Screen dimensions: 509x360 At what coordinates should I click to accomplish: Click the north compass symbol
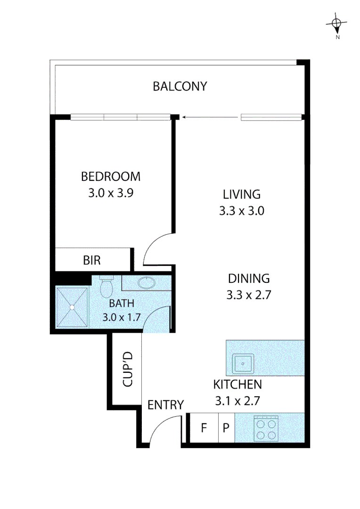(336, 24)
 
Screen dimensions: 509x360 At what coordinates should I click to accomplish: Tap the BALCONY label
(180, 86)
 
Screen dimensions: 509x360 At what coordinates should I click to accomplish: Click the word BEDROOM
(111, 177)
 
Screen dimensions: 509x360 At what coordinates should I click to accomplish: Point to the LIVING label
(241, 194)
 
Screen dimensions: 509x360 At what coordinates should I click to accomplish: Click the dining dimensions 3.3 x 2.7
(249, 296)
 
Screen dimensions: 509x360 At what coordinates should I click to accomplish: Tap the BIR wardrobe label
(91, 260)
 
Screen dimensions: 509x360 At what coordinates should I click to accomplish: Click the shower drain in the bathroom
(72, 307)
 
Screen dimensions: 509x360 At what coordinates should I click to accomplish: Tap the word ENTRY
(165, 405)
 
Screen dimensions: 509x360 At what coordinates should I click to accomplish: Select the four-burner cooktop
(267, 428)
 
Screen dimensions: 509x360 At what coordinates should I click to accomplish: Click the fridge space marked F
(204, 428)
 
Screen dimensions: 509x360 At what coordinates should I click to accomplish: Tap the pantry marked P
(226, 428)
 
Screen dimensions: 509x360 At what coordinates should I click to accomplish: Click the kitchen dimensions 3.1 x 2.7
(237, 401)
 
